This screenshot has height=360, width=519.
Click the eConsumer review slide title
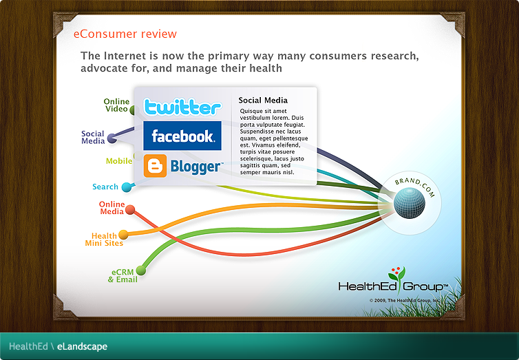(125, 34)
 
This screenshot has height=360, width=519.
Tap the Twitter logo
(182, 107)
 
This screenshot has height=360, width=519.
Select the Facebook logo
(182, 136)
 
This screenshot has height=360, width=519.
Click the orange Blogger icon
(155, 167)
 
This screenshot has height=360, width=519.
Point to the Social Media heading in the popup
(263, 100)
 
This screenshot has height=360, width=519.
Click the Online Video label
(116, 105)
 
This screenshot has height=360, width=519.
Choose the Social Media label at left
(93, 138)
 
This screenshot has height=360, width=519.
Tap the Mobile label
(118, 161)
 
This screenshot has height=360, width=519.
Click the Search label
(105, 187)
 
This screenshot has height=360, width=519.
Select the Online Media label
(112, 208)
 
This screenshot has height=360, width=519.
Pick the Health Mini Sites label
(104, 240)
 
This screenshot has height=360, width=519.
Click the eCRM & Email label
(123, 275)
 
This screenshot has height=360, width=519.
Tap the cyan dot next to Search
(127, 187)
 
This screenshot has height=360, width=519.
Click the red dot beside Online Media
(130, 210)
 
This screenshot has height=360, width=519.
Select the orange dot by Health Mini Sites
(124, 235)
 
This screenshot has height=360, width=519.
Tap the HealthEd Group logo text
(385, 286)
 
